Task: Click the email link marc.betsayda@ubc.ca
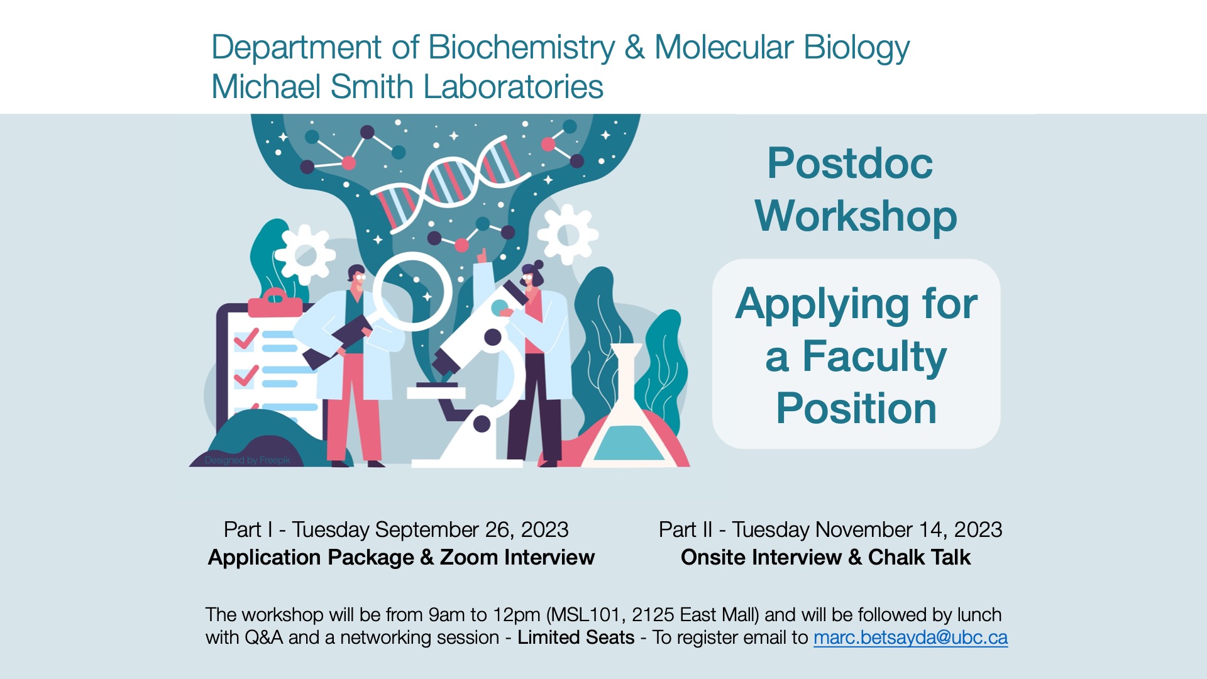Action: tap(910, 638)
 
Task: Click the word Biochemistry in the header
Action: tap(521, 47)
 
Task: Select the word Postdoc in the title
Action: tap(850, 163)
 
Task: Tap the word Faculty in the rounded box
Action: tap(874, 356)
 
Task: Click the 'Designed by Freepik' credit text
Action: tap(247, 460)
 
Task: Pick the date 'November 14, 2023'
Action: tap(908, 529)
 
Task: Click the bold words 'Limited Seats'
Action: tap(576, 638)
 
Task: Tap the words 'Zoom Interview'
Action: tap(517, 557)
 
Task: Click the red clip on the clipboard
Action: tap(275, 303)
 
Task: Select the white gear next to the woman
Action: tap(568, 234)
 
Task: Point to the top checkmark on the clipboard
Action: tap(245, 339)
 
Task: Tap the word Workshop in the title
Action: tap(856, 216)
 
